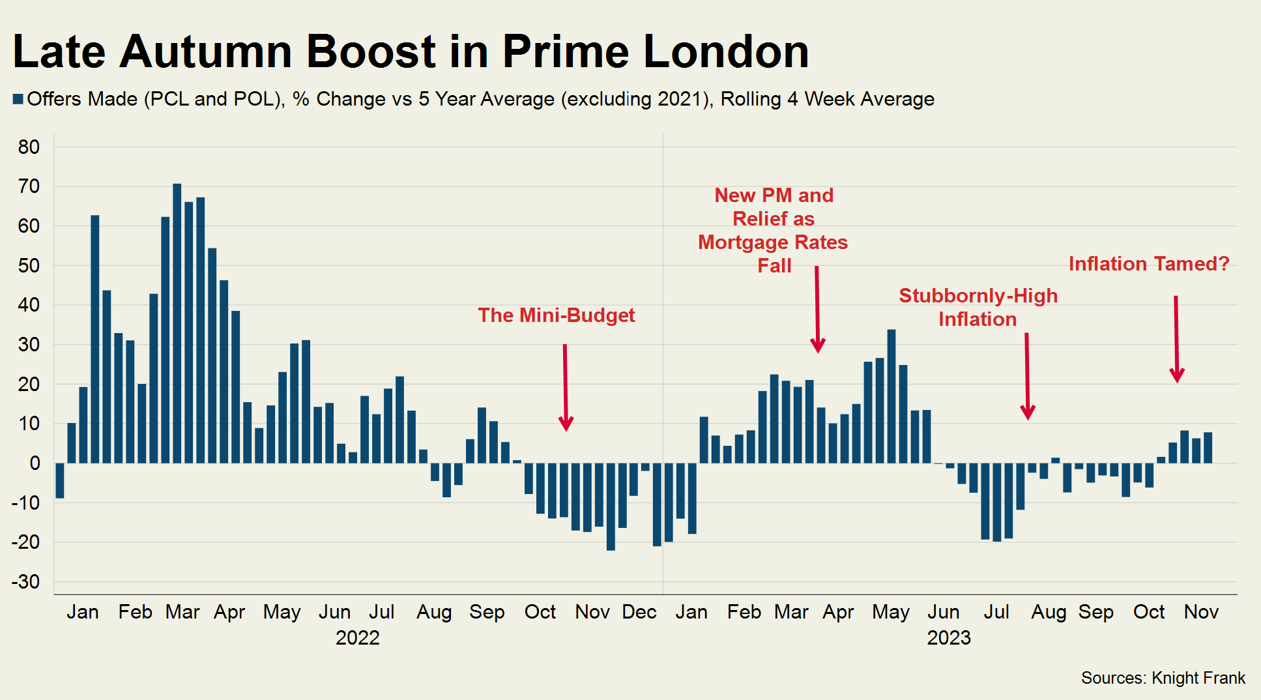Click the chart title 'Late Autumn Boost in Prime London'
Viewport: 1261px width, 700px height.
coord(411,51)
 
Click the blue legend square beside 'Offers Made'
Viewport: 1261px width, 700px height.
coord(18,99)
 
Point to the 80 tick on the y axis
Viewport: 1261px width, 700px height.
coord(29,147)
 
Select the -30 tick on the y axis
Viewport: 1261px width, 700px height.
coord(26,581)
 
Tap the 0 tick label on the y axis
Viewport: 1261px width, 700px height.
coord(35,463)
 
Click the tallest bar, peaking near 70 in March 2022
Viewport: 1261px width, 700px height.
coord(177,323)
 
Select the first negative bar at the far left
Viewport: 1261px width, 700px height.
coord(60,480)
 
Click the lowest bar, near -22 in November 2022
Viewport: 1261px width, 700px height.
coord(611,506)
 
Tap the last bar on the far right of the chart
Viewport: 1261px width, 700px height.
coord(1208,448)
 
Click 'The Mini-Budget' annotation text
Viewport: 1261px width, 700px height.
coord(556,315)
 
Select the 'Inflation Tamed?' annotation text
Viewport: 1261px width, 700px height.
coord(1148,264)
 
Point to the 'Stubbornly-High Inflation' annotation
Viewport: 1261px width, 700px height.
coord(978,307)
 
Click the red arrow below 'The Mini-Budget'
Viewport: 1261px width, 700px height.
coord(566,388)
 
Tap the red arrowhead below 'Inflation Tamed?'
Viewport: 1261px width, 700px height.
coord(1177,375)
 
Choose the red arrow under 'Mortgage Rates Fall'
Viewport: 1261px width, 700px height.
coord(817,310)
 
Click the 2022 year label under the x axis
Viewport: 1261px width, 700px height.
coord(357,637)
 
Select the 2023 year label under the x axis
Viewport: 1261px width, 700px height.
coord(949,637)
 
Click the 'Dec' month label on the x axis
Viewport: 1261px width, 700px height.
coord(639,612)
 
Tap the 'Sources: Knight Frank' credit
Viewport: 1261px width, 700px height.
coord(1163,678)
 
